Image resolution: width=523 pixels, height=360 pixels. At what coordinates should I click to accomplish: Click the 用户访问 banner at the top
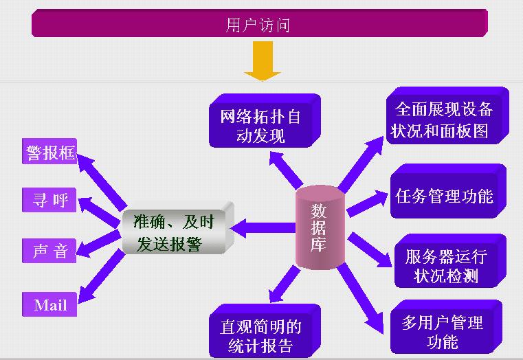tap(259, 25)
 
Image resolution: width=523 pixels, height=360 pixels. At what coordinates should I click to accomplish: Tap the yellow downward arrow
tap(263, 60)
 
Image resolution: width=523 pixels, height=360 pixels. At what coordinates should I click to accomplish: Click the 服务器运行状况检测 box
tap(446, 266)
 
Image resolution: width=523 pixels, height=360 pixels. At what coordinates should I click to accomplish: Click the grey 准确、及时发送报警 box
tap(176, 232)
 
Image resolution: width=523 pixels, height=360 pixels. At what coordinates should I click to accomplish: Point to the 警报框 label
tap(49, 152)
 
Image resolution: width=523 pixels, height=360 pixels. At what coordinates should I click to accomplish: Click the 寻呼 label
tap(49, 200)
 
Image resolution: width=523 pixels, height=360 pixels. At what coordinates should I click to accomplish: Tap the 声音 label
tap(49, 251)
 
